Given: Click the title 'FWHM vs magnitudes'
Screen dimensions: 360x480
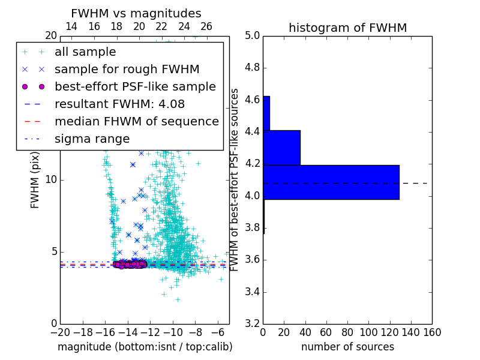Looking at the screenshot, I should pyautogui.click(x=136, y=13).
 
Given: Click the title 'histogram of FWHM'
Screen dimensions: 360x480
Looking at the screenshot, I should pyautogui.click(x=347, y=28).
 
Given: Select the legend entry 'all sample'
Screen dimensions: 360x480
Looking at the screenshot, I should pyautogui.click(x=85, y=52).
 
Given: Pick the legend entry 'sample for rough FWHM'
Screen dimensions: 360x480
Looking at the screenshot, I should pyautogui.click(x=127, y=69).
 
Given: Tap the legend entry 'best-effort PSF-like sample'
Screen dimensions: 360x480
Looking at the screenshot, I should pyautogui.click(x=135, y=86).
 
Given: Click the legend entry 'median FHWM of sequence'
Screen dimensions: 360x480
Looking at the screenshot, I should pyautogui.click(x=136, y=121).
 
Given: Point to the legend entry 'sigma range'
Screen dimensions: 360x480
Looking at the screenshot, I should pyautogui.click(x=92, y=139).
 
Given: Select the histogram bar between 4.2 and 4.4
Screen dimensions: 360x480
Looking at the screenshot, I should pyautogui.click(x=281, y=148).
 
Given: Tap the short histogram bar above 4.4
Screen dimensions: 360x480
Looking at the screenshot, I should pyautogui.click(x=266, y=113).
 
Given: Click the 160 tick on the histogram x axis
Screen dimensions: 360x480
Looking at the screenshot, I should pyautogui.click(x=431, y=332).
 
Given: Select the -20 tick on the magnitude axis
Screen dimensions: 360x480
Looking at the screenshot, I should pyautogui.click(x=59, y=332).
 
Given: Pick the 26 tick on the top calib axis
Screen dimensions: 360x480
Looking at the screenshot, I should pyautogui.click(x=206, y=27).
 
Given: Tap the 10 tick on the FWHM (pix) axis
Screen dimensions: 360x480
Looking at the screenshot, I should pyautogui.click(x=51, y=179).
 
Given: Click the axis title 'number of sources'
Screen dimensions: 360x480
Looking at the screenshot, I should pyautogui.click(x=347, y=347).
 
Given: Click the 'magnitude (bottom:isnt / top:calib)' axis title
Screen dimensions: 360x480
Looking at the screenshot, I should pyautogui.click(x=145, y=347).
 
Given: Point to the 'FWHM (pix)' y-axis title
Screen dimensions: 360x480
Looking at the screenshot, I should pyautogui.click(x=35, y=179).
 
